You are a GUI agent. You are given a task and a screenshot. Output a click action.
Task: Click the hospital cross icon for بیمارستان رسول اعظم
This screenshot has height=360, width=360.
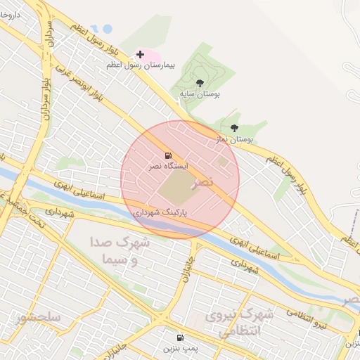[141, 54]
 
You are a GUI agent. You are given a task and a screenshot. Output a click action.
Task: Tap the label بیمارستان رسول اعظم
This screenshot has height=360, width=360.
[139, 65]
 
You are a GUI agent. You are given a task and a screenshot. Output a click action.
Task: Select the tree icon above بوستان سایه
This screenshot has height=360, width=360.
[200, 83]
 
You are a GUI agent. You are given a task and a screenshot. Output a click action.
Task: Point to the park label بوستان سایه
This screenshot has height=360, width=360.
[200, 93]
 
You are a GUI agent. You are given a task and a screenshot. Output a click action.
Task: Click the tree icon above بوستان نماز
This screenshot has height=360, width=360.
[234, 129]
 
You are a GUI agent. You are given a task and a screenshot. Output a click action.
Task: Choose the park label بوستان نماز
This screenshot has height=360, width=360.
[234, 139]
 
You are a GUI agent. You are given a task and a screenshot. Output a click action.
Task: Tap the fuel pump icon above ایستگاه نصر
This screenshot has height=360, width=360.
[167, 155]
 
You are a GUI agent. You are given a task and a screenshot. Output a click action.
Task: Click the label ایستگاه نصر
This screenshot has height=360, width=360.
[167, 167]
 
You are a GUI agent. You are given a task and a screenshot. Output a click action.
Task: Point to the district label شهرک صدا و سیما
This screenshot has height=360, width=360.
[120, 250]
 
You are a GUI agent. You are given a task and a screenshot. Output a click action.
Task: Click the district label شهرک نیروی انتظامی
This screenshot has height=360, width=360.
[233, 323]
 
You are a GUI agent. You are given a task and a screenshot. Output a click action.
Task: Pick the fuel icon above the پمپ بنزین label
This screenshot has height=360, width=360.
[181, 338]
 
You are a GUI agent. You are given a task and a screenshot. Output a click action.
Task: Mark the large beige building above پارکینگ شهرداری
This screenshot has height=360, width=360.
[176, 187]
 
